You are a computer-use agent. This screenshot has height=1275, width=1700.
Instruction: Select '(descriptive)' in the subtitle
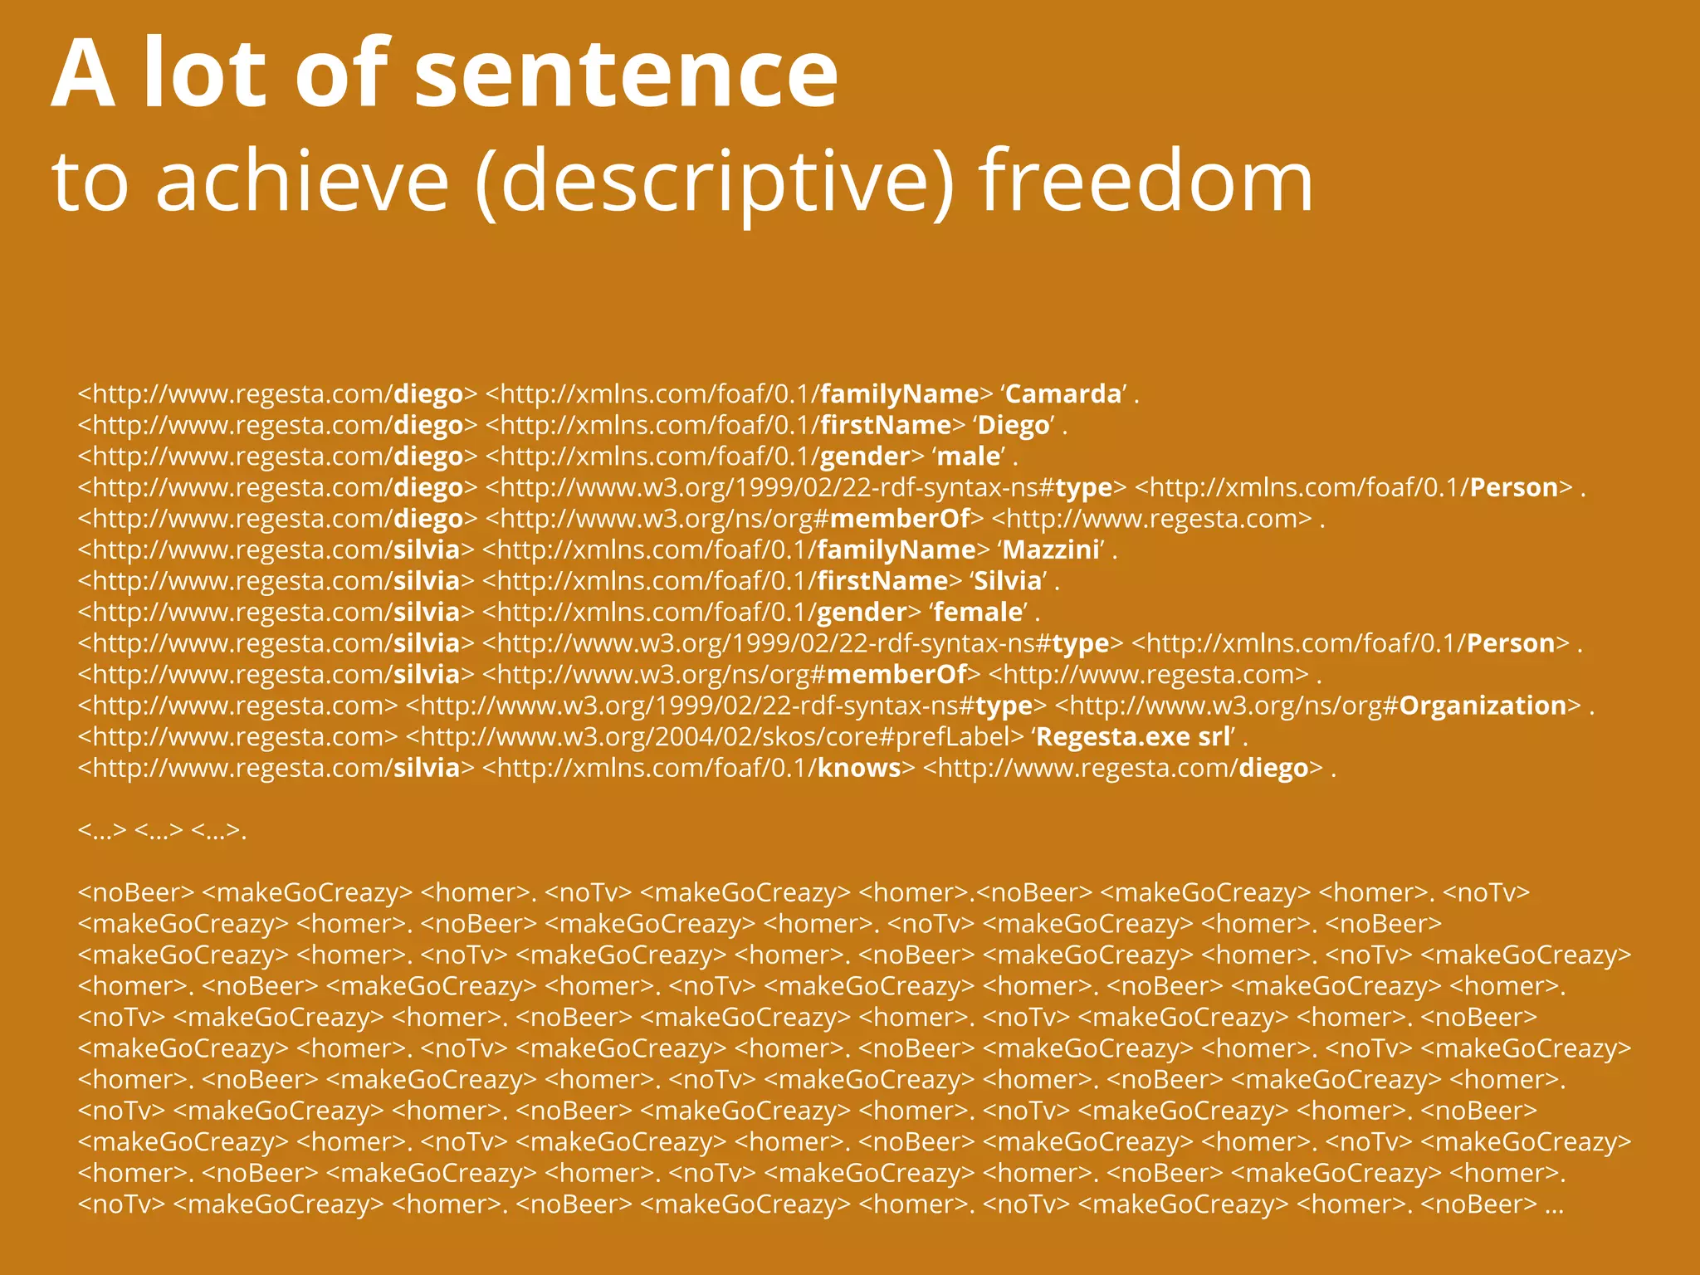click(715, 181)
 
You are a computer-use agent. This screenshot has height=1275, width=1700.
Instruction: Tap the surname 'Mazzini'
click(1052, 550)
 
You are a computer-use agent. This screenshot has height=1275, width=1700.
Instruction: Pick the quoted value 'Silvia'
click(1008, 581)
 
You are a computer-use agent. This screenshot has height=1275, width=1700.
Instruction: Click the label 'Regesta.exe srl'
click(1133, 737)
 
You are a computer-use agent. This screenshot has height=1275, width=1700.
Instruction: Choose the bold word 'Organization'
click(1483, 706)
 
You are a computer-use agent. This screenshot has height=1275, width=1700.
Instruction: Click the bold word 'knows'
click(859, 768)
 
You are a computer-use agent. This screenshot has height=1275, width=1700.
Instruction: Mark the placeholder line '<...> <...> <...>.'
click(162, 830)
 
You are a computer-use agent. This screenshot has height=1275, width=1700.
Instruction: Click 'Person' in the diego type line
click(1513, 487)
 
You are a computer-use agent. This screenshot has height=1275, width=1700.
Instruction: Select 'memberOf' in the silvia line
click(897, 674)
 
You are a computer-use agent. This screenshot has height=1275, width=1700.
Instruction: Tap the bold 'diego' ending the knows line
click(1273, 768)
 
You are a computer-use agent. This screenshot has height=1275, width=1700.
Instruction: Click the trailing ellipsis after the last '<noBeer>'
click(1554, 1204)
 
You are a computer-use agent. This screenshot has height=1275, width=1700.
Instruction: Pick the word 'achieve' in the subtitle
click(302, 181)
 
